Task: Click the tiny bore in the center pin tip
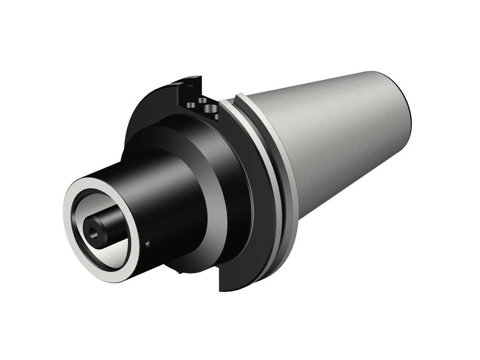[94, 231]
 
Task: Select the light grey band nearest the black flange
[264, 168]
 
